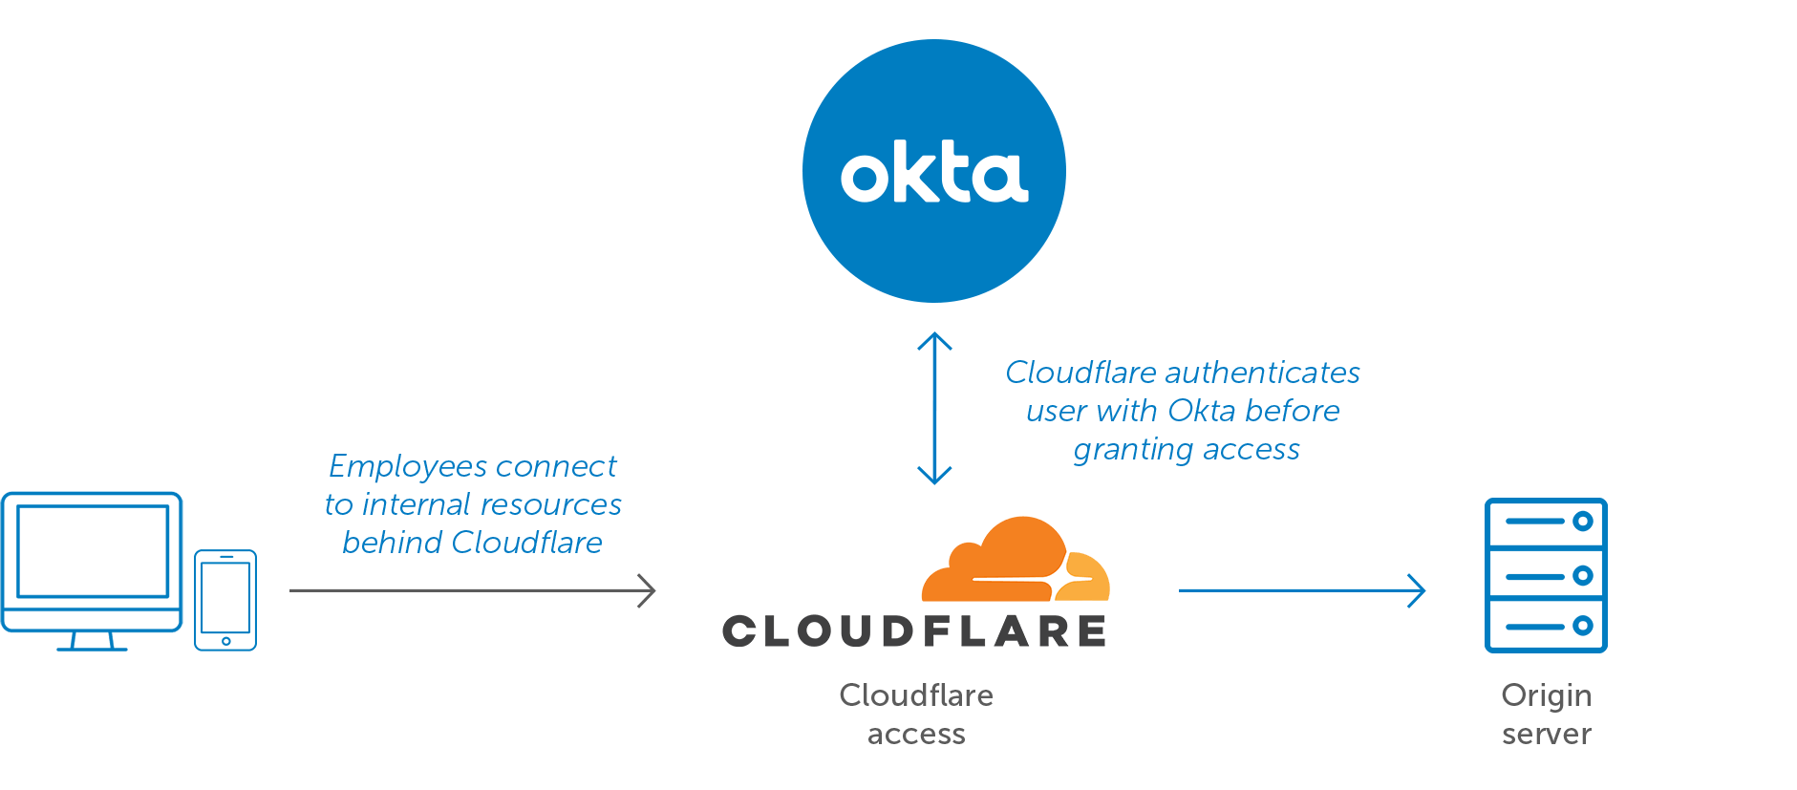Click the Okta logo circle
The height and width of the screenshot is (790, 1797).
pyautogui.click(x=933, y=171)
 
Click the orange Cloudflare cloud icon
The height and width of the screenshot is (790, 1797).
pyautogui.click(x=1015, y=561)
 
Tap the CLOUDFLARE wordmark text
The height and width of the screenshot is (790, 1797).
pyautogui.click(x=914, y=631)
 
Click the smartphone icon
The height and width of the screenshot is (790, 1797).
pyautogui.click(x=225, y=599)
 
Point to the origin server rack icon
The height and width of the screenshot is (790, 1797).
pyautogui.click(x=1546, y=575)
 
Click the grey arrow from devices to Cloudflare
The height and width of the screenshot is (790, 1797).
pyautogui.click(x=472, y=590)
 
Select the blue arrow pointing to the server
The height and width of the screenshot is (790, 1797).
pyautogui.click(x=1301, y=590)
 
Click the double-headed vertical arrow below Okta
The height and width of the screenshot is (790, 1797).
pyautogui.click(x=934, y=409)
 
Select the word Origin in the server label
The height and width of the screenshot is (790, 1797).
pyautogui.click(x=1546, y=696)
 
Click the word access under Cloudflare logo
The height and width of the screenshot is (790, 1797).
pyautogui.click(x=915, y=735)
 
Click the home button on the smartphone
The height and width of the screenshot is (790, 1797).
pyautogui.click(x=226, y=641)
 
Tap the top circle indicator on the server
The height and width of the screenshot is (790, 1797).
pyautogui.click(x=1582, y=522)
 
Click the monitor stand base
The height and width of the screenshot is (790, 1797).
pyautogui.click(x=92, y=648)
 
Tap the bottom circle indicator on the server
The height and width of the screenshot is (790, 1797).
pyautogui.click(x=1582, y=626)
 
